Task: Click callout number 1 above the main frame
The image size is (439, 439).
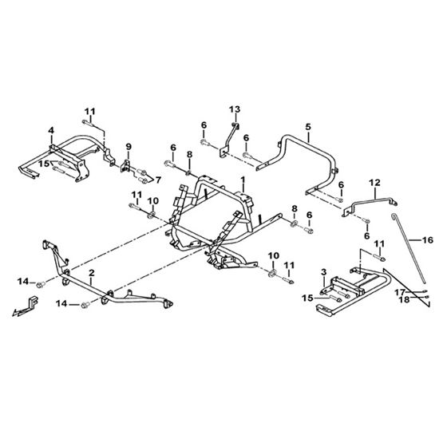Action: tap(243, 180)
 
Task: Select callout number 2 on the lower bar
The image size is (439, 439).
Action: tap(92, 273)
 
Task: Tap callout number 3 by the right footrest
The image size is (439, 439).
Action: tap(323, 272)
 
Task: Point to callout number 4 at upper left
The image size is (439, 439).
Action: tap(51, 130)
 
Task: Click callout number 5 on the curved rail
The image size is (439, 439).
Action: tap(308, 127)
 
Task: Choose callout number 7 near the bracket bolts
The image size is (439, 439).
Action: tap(159, 180)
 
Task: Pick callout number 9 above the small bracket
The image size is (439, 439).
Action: tap(129, 146)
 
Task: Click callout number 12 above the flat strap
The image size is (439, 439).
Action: tap(375, 183)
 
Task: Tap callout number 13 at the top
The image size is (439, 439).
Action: tap(235, 109)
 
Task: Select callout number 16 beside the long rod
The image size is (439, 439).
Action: tap(428, 240)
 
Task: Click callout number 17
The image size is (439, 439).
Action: tap(400, 293)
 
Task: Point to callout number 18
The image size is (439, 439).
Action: tap(405, 299)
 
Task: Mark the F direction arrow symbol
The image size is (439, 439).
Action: tap(26, 307)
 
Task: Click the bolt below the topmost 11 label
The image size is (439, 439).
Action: tap(87, 122)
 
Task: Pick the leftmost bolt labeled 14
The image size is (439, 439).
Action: tap(41, 285)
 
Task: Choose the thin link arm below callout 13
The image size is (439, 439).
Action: tap(229, 140)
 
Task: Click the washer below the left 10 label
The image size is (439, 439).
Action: tap(152, 215)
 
